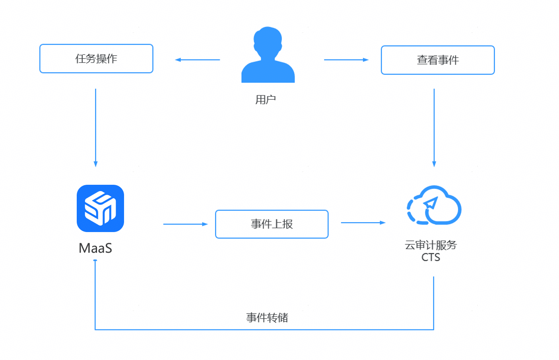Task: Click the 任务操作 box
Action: [96, 59]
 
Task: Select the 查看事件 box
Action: [437, 60]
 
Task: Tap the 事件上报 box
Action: [272, 224]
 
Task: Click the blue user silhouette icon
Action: [268, 56]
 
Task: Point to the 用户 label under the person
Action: [266, 99]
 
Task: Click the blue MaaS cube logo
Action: [100, 208]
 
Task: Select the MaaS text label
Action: [95, 248]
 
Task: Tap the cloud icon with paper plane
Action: [434, 205]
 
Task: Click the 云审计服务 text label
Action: [431, 245]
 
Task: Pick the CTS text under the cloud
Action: [431, 257]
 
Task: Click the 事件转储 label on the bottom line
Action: [267, 317]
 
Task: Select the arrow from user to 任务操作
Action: [197, 60]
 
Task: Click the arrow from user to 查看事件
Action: [346, 60]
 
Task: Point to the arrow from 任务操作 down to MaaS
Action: [95, 127]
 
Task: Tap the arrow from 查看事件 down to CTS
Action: [434, 127]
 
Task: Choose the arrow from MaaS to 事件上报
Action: [185, 224]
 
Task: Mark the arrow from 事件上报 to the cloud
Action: [363, 223]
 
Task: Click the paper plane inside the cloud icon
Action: [431, 204]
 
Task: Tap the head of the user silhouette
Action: [268, 40]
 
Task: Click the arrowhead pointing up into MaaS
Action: [95, 261]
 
